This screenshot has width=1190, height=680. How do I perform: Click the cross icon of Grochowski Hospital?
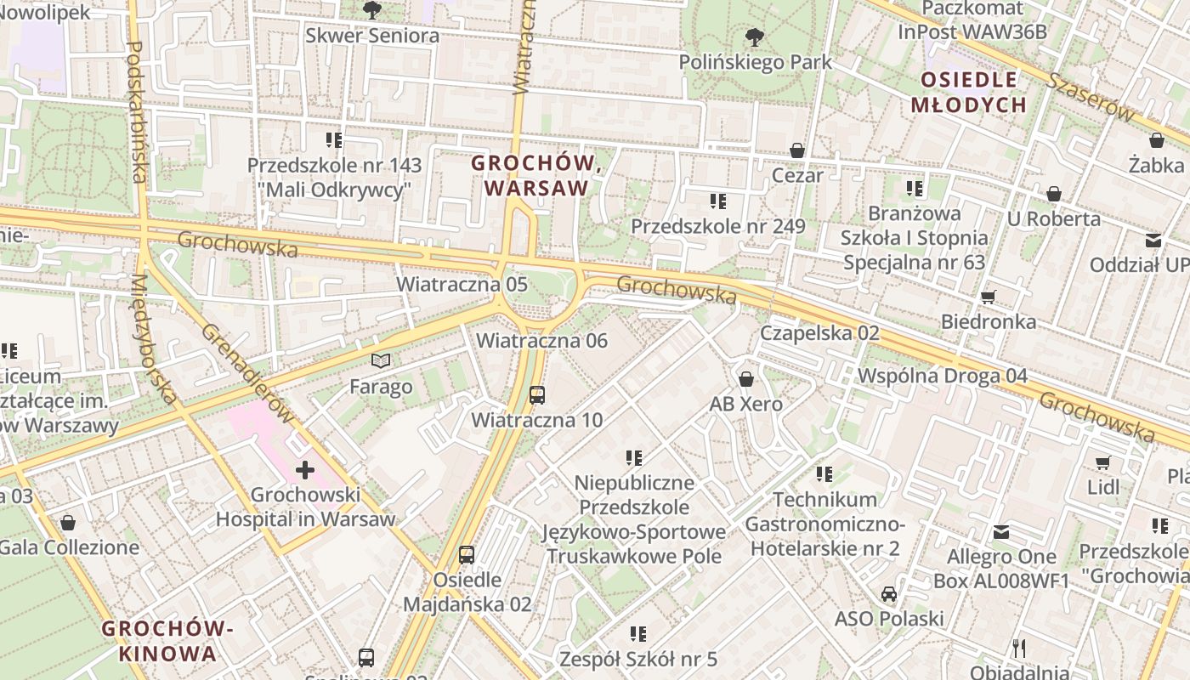305,469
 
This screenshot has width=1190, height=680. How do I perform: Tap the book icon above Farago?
382,361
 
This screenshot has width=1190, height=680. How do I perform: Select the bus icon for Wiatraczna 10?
537,394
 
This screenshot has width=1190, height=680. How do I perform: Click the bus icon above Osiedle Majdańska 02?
467,555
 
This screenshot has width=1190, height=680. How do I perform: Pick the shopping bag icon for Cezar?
797,150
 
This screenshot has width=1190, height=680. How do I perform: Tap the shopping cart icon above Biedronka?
988,297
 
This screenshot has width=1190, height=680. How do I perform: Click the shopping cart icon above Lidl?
1103,462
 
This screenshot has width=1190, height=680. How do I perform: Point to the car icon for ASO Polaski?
889,593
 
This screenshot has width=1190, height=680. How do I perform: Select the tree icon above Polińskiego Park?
754,37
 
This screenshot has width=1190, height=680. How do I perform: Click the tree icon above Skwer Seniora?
371,10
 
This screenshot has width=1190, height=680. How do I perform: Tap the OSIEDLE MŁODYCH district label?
969,93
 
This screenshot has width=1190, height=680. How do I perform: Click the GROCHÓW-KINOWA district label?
167,641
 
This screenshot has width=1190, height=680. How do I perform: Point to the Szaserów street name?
1091,96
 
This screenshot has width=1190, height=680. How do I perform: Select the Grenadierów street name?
248,373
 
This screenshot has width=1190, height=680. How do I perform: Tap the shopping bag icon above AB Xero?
746,379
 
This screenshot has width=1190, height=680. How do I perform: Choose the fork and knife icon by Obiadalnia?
1019,649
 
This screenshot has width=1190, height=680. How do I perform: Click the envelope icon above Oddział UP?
1153,241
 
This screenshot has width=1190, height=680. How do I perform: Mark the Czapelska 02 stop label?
819,332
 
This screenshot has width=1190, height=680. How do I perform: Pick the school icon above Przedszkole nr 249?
718,201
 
